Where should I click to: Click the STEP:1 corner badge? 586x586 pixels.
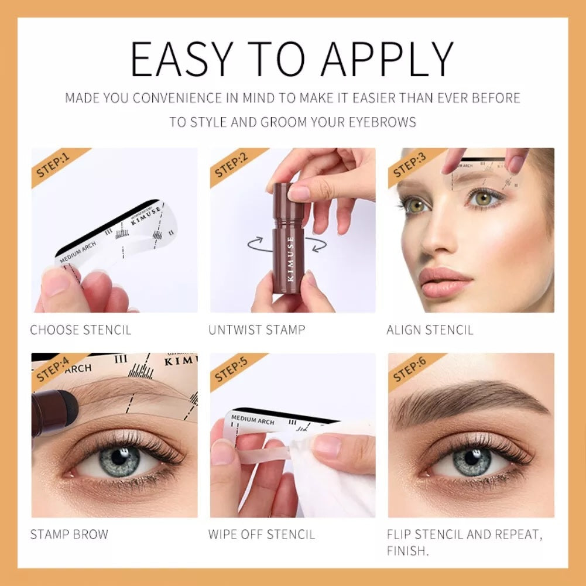tap(53, 166)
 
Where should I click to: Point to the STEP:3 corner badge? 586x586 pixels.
tap(410, 165)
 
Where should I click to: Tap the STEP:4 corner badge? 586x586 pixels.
tap(53, 371)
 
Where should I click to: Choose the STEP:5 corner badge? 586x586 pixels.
tap(232, 370)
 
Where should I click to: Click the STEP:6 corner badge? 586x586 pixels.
tap(410, 371)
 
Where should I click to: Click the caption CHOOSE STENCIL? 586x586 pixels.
tap(80, 330)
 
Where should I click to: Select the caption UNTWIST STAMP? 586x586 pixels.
tap(256, 330)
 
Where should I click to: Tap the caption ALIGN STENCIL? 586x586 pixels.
tap(430, 330)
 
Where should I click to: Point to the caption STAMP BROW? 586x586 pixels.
tap(69, 534)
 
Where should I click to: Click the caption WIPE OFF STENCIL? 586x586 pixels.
tap(262, 534)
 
